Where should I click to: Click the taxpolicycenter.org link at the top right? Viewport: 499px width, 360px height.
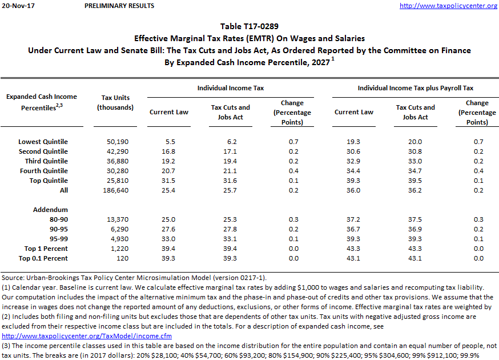pos(448,6)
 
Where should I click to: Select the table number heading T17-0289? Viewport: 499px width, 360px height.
pos(249,26)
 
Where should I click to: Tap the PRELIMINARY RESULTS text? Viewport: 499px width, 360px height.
pos(119,6)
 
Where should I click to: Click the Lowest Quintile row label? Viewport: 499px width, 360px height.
pos(43,142)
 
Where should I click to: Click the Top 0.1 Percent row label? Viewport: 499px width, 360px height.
pos(43,258)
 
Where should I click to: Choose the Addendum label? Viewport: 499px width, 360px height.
pos(50,210)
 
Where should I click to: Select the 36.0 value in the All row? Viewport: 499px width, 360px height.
pos(354,190)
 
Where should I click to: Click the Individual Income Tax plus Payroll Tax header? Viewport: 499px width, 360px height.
pos(415,89)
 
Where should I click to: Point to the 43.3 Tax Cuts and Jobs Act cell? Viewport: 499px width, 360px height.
pos(415,249)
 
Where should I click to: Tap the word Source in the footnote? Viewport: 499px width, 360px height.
pos(13,277)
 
